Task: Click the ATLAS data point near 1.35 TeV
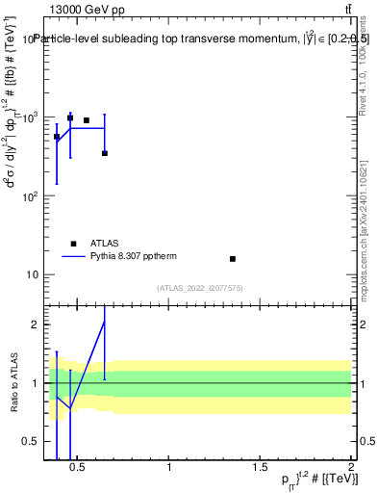tap(233, 259)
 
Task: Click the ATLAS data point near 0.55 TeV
tap(87, 120)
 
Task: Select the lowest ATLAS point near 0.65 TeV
tap(105, 153)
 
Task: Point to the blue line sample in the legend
tap(74, 257)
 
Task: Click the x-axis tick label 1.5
tap(261, 468)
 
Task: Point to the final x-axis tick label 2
tap(352, 468)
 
